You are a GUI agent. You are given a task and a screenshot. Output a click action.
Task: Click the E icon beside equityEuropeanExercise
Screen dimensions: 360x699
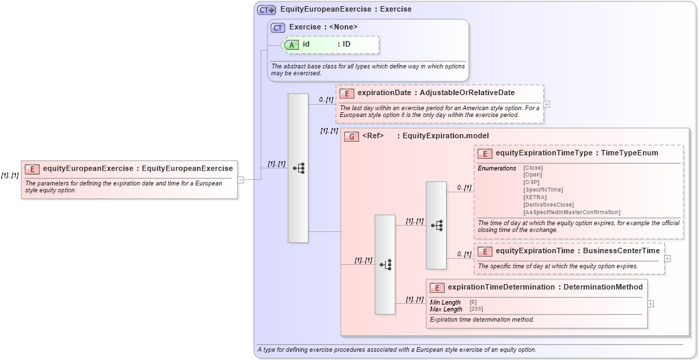coord(32,168)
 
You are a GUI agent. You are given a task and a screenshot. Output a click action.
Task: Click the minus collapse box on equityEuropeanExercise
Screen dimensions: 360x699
coord(241,180)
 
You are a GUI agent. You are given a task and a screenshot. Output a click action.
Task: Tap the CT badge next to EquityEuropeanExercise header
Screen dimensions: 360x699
coord(267,10)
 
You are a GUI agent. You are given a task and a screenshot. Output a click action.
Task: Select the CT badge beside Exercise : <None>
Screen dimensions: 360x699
coord(278,27)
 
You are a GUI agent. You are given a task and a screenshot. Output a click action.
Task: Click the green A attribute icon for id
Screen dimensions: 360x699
coord(291,44)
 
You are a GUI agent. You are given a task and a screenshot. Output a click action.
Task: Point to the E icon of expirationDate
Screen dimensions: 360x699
coord(346,93)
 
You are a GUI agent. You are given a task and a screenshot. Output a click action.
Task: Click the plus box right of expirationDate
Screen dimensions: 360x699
coord(546,104)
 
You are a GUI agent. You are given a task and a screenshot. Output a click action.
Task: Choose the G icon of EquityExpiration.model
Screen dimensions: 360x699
coord(352,136)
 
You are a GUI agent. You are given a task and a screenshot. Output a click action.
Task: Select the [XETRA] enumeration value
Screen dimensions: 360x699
coord(535,197)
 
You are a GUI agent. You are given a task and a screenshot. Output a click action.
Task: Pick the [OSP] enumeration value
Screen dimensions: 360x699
coord(531,182)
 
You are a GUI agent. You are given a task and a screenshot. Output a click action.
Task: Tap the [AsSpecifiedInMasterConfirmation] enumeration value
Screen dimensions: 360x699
coord(571,212)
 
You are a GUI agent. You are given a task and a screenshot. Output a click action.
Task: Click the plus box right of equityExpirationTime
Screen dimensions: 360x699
coord(668,259)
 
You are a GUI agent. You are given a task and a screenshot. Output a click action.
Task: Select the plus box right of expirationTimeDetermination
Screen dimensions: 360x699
coord(650,303)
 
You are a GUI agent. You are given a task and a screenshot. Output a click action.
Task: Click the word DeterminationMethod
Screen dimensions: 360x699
coord(604,287)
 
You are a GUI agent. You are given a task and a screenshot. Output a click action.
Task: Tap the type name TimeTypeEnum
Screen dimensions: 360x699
coord(629,153)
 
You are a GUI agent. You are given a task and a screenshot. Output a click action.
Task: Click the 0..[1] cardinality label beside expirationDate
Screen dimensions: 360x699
coord(326,100)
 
